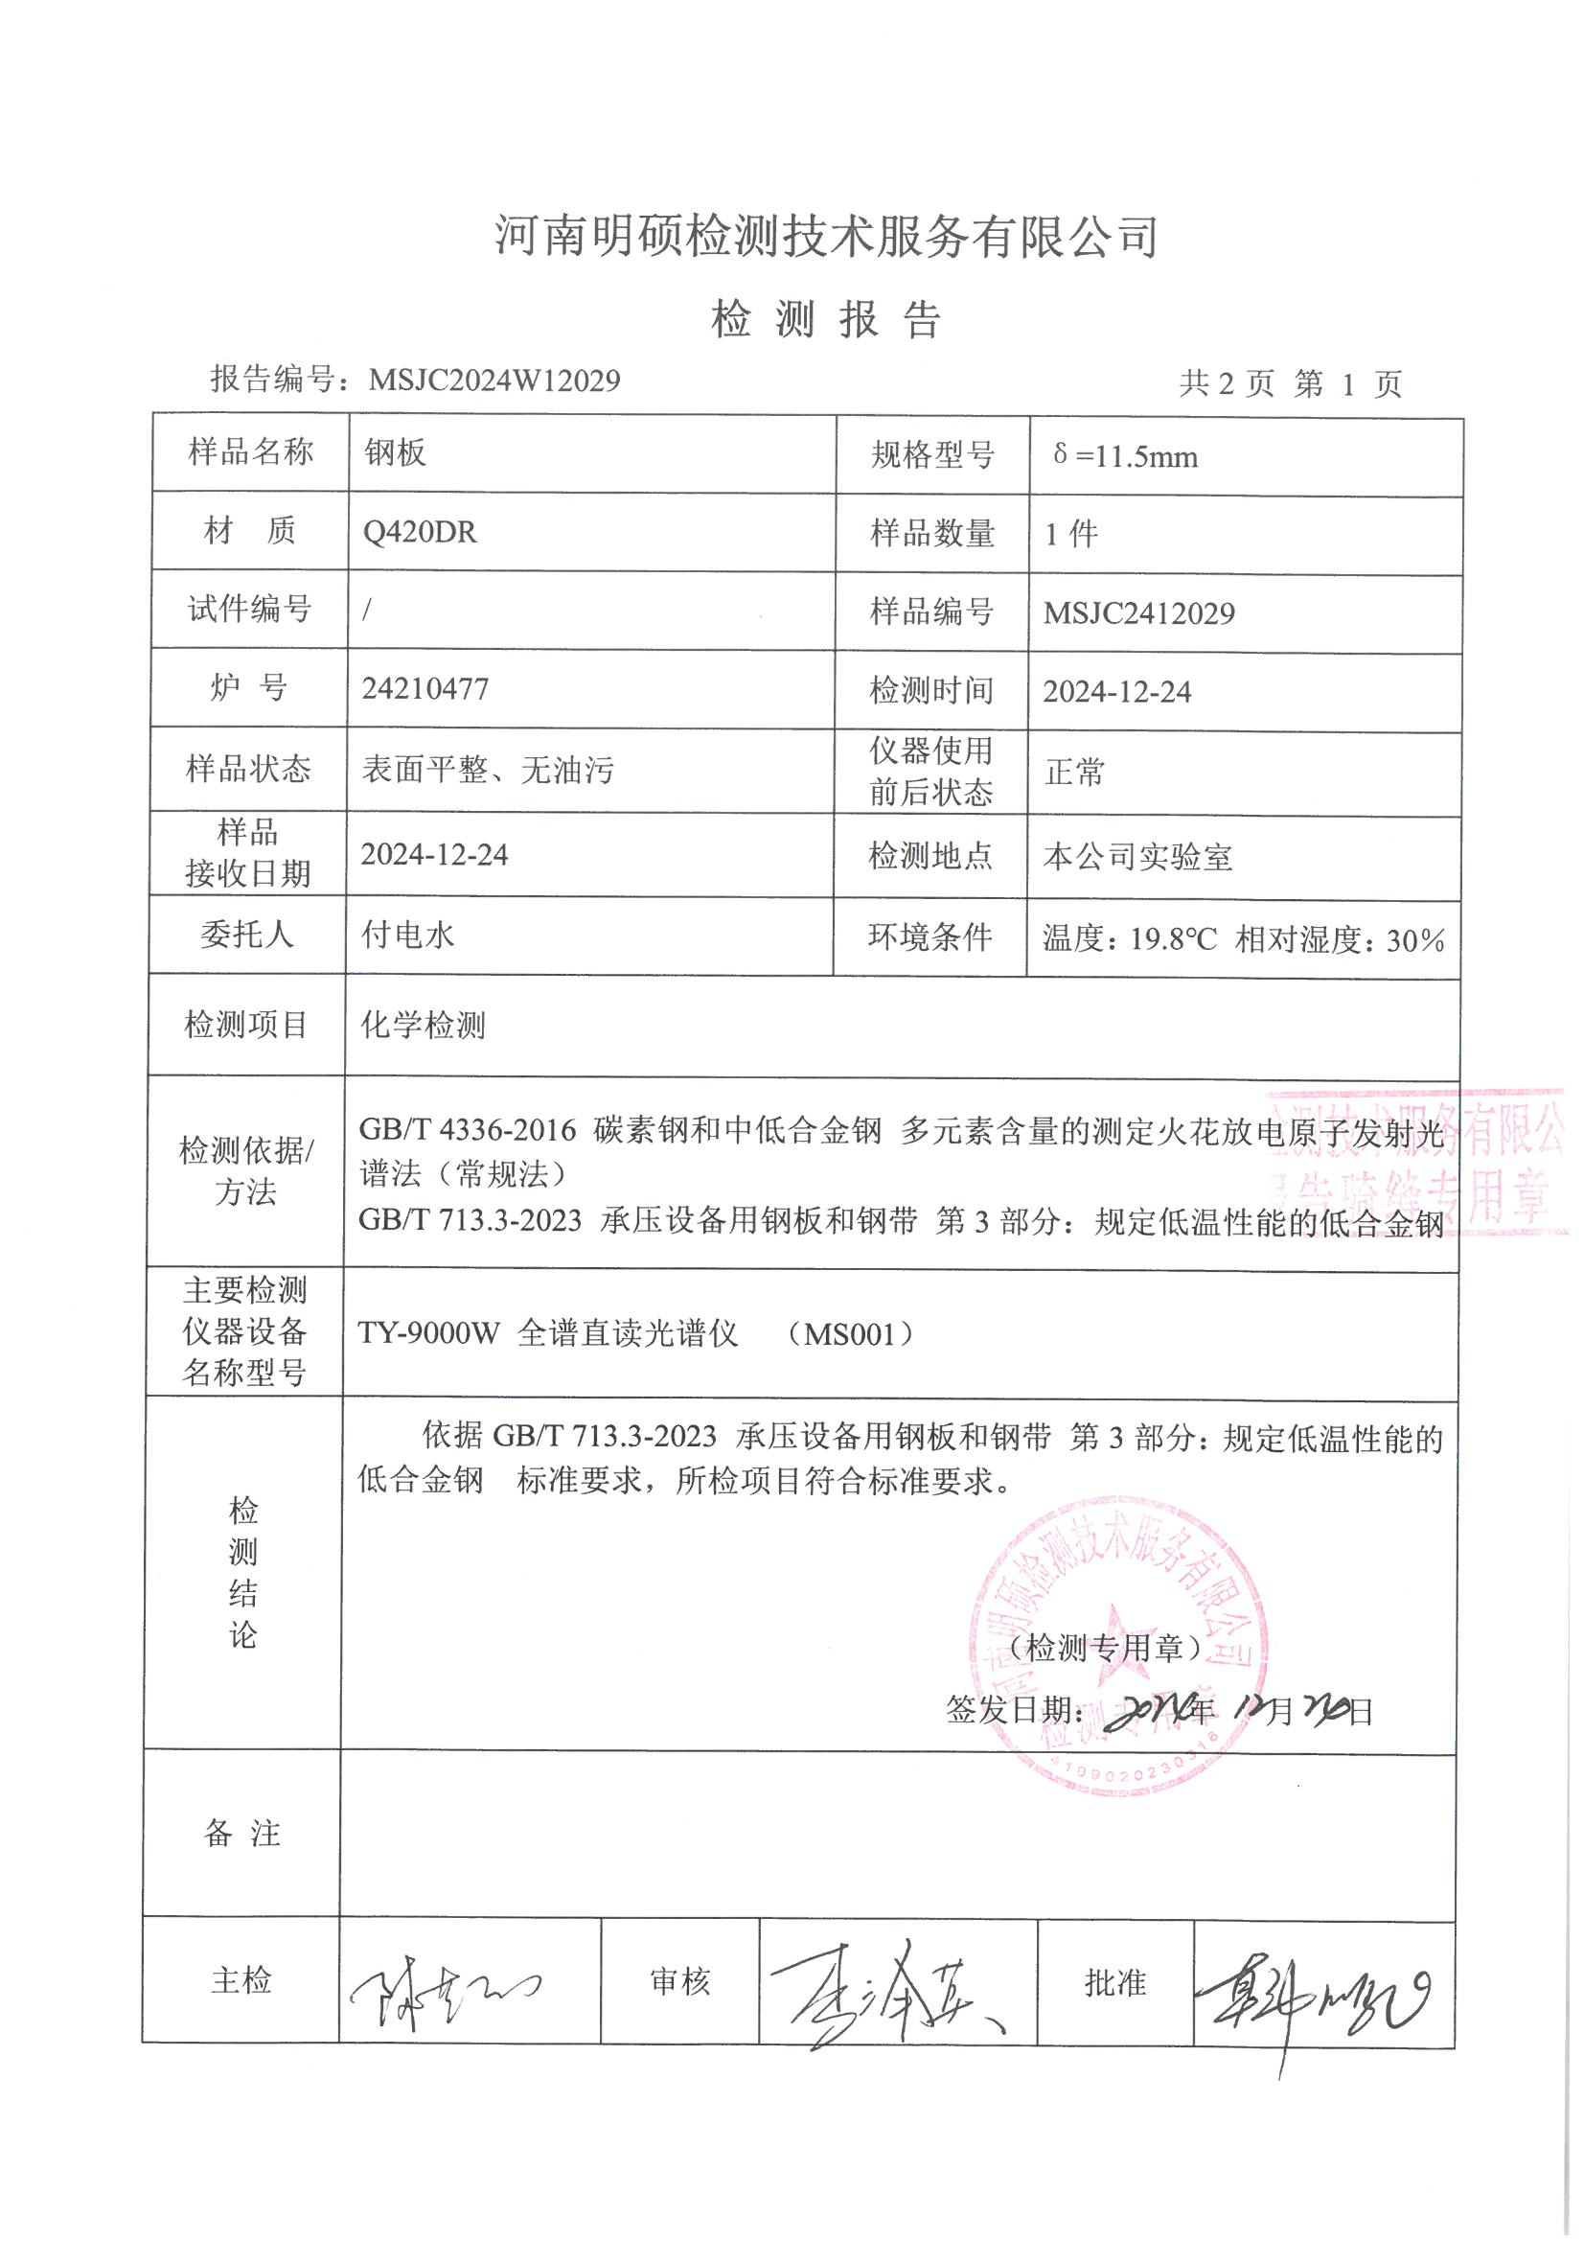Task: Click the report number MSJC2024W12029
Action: pyautogui.click(x=494, y=380)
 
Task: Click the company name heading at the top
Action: pyautogui.click(x=826, y=236)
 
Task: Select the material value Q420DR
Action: pyautogui.click(x=420, y=533)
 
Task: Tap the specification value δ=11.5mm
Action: pyautogui.click(x=1125, y=456)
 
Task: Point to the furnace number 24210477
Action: pyautogui.click(x=425, y=689)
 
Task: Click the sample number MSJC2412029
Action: pyautogui.click(x=1139, y=612)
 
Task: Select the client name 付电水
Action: pyautogui.click(x=408, y=936)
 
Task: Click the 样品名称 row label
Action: pyautogui.click(x=250, y=451)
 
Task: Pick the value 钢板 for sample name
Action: pyautogui.click(x=395, y=452)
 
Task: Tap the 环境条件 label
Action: pyautogui.click(x=930, y=937)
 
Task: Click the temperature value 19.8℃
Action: pyautogui.click(x=1173, y=940)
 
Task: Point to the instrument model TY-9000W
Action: pyautogui.click(x=428, y=1333)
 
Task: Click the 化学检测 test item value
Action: pyautogui.click(x=423, y=1025)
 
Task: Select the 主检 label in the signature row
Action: pyautogui.click(x=241, y=1980)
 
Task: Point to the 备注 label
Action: pyautogui.click(x=242, y=1833)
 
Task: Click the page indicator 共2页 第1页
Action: pyautogui.click(x=1289, y=383)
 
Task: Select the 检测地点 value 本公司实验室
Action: pyautogui.click(x=1137, y=857)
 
